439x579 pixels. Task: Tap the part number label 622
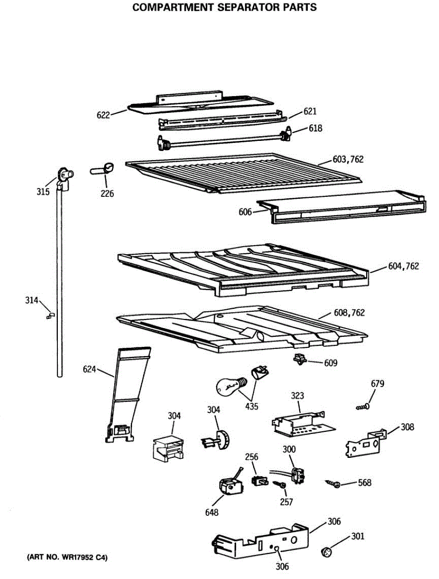point(103,115)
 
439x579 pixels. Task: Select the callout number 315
point(43,192)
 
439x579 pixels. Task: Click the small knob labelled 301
point(326,551)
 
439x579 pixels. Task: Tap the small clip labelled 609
point(301,359)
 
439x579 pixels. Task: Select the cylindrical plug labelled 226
point(103,169)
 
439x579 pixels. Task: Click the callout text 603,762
point(348,159)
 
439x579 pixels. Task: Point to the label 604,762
point(403,266)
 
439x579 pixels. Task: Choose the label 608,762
point(349,313)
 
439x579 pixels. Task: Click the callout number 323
point(297,396)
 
